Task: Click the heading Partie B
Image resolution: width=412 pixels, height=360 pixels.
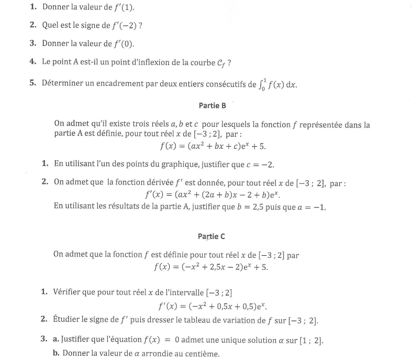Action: pyautogui.click(x=213, y=105)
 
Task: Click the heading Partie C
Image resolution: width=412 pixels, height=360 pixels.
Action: pyautogui.click(x=211, y=236)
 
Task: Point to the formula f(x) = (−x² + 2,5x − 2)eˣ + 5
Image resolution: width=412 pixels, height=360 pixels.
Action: pyautogui.click(x=210, y=267)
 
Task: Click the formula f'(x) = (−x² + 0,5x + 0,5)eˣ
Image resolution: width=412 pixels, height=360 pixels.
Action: pyautogui.click(x=216, y=306)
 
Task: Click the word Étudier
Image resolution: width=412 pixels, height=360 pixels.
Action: pyautogui.click(x=69, y=320)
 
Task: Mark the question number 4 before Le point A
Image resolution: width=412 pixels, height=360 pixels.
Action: pyautogui.click(x=32, y=62)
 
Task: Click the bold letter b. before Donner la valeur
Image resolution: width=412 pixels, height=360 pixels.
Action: pyautogui.click(x=56, y=354)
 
